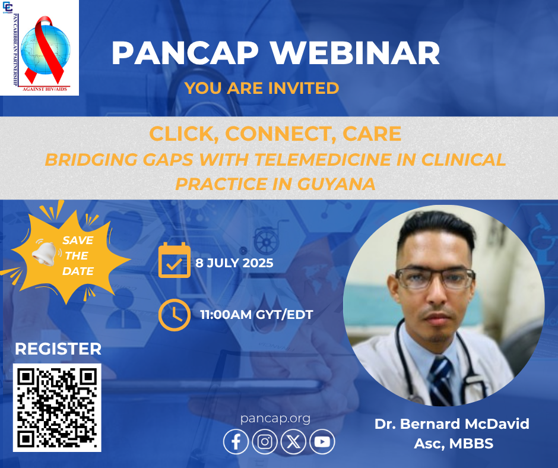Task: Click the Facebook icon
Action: (236, 442)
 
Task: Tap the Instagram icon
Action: (264, 442)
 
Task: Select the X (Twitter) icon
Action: (293, 442)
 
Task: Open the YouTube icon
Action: (322, 442)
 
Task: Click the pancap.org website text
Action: (275, 418)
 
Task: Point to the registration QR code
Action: (57, 407)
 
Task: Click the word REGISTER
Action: (58, 349)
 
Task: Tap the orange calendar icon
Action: (175, 260)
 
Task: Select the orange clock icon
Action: (175, 315)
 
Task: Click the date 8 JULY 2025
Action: (234, 263)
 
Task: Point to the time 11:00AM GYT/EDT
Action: (256, 315)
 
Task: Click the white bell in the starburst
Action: (45, 254)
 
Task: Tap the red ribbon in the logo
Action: (44, 48)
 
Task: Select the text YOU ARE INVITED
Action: (262, 88)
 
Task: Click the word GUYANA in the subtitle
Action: (337, 184)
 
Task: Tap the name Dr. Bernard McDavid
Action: (452, 424)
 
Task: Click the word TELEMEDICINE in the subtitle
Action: (323, 159)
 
